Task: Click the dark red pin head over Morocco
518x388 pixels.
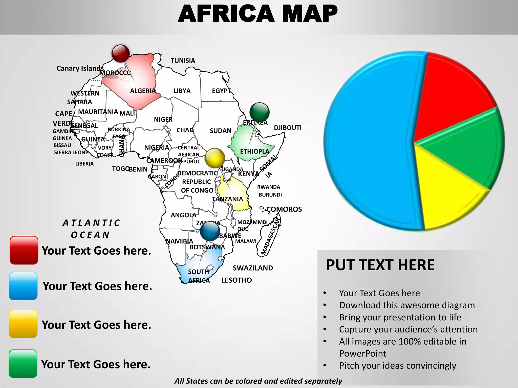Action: pyautogui.click(x=121, y=53)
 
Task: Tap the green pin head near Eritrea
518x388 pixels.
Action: pyautogui.click(x=259, y=112)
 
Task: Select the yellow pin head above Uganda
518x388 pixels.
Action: pyautogui.click(x=215, y=158)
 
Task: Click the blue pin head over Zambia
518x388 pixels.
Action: pyautogui.click(x=210, y=231)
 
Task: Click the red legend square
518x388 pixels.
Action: pyautogui.click(x=24, y=250)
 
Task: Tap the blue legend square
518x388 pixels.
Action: pyautogui.click(x=23, y=286)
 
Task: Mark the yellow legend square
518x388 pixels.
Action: pyautogui.click(x=23, y=324)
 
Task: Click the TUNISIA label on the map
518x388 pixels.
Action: pyautogui.click(x=183, y=61)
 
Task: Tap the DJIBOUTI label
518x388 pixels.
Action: pyautogui.click(x=288, y=128)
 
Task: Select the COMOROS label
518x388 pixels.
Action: pyautogui.click(x=284, y=209)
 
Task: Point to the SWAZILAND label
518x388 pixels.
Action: pyautogui.click(x=253, y=268)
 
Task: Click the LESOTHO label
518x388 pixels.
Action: pyautogui.click(x=236, y=280)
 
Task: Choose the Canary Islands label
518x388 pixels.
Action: pyautogui.click(x=80, y=68)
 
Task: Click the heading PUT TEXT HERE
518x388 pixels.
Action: pyautogui.click(x=380, y=265)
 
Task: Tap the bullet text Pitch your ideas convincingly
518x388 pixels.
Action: pyautogui.click(x=398, y=366)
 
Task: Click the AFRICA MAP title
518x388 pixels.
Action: pyautogui.click(x=258, y=14)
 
